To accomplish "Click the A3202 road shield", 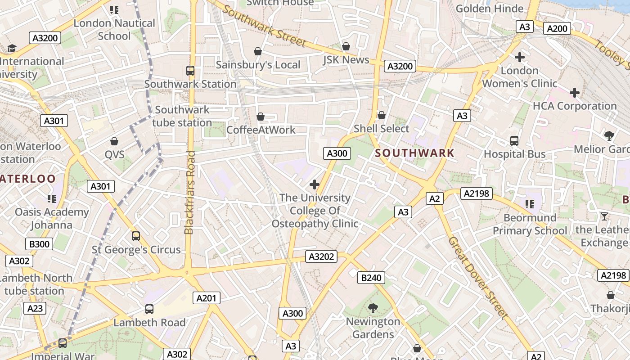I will click(x=322, y=256).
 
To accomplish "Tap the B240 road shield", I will click(x=371, y=278).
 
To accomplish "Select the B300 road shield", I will click(x=40, y=244).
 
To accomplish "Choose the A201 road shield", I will click(x=207, y=297).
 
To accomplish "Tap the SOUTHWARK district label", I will click(x=415, y=153).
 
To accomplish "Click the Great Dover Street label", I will click(x=478, y=278).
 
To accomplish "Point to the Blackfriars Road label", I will click(x=189, y=193).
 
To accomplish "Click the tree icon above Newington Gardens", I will click(x=373, y=308).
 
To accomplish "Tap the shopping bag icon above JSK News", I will click(x=346, y=46).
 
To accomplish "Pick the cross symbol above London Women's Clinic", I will click(x=520, y=57).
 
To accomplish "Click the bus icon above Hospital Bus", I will click(x=514, y=141).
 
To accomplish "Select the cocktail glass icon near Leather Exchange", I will click(x=604, y=216).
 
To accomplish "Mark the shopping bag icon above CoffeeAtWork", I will click(x=260, y=117).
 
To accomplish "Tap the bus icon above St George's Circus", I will click(x=136, y=236).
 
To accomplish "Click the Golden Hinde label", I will click(x=490, y=9).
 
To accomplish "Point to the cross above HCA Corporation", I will click(x=574, y=93).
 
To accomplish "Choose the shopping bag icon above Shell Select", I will click(x=382, y=116).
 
